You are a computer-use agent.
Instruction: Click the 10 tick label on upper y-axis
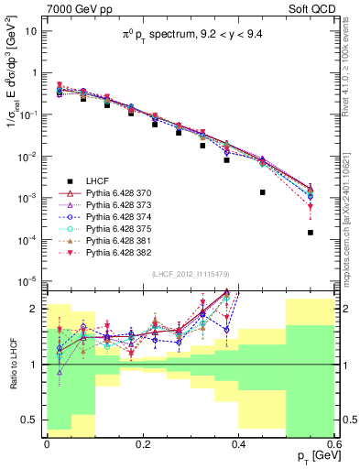pyautogui.click(x=31, y=30)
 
